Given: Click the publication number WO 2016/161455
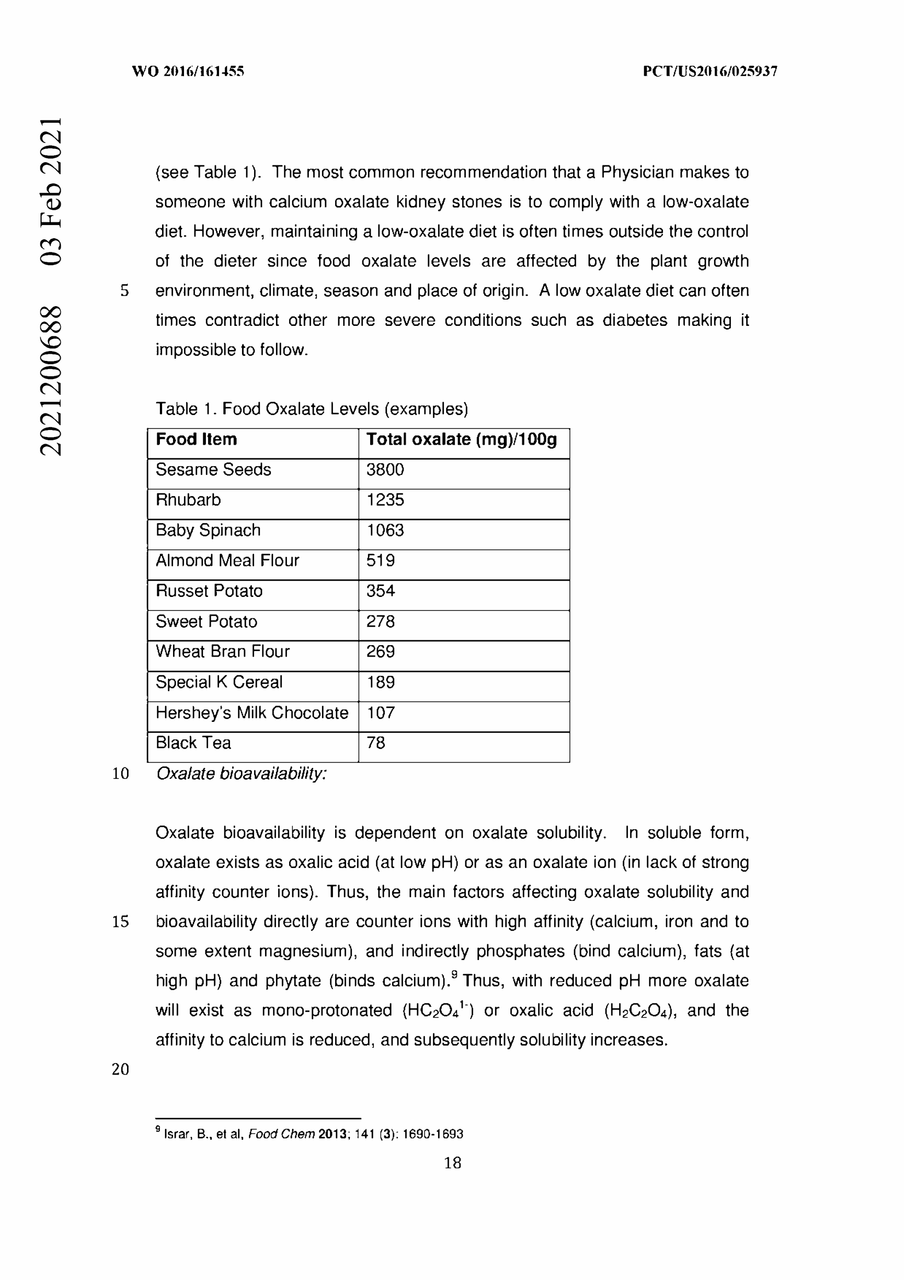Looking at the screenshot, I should [x=188, y=71].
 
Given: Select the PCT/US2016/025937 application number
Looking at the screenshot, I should [x=710, y=71].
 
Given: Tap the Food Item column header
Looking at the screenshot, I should [x=197, y=440].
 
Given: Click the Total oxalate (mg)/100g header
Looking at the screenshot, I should [x=461, y=440].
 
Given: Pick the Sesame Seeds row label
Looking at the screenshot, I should [x=213, y=470].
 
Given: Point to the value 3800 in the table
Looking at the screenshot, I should [x=385, y=470].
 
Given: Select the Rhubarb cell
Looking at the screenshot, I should [x=188, y=500].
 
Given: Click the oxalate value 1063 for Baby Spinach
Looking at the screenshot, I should [x=385, y=530].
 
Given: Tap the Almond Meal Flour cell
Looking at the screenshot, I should [x=227, y=561].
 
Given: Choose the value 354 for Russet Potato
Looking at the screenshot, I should [x=381, y=591].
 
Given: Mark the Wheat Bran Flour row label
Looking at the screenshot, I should [x=222, y=652].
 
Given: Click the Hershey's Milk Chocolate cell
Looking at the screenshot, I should [x=251, y=713].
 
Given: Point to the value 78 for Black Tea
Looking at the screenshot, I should [x=376, y=743].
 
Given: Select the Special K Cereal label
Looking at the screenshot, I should [x=218, y=682].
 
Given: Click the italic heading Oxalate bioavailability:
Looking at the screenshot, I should [x=241, y=773].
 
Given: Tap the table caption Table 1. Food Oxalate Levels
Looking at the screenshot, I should [x=311, y=409].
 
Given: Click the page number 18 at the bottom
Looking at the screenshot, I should [x=452, y=1163].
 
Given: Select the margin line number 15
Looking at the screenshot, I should [x=120, y=921].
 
